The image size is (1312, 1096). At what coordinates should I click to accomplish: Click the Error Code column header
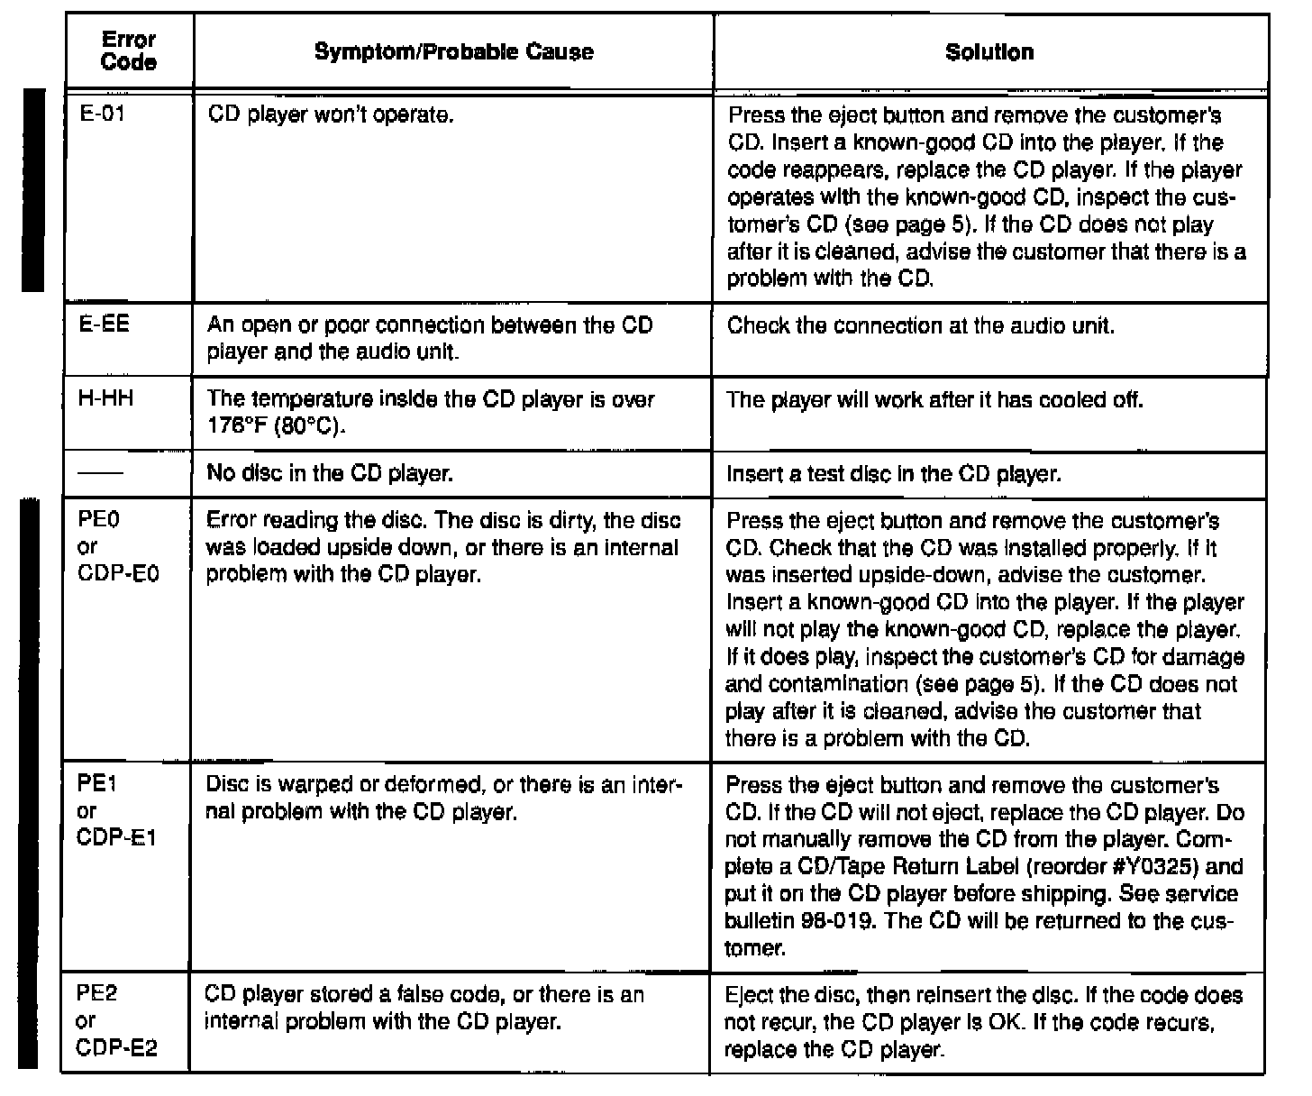[129, 51]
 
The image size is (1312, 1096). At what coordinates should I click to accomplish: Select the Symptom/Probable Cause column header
[453, 51]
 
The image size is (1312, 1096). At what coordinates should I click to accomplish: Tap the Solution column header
[989, 51]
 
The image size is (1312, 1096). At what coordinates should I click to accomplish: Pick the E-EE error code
[104, 324]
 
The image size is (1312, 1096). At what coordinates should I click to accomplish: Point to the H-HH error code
[105, 398]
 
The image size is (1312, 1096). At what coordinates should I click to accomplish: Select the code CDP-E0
[118, 574]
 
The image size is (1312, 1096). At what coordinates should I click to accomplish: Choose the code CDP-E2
[117, 1048]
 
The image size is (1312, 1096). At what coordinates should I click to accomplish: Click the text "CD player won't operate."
[330, 115]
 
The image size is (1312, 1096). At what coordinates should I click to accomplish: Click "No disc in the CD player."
[329, 473]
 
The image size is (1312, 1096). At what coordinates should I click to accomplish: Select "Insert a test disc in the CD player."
[893, 474]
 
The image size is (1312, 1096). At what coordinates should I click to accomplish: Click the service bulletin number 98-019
[830, 921]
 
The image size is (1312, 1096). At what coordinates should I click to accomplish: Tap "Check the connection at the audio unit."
[920, 325]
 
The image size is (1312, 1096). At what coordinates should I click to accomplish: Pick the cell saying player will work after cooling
[934, 399]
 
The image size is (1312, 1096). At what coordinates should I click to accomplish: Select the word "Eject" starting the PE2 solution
[747, 996]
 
